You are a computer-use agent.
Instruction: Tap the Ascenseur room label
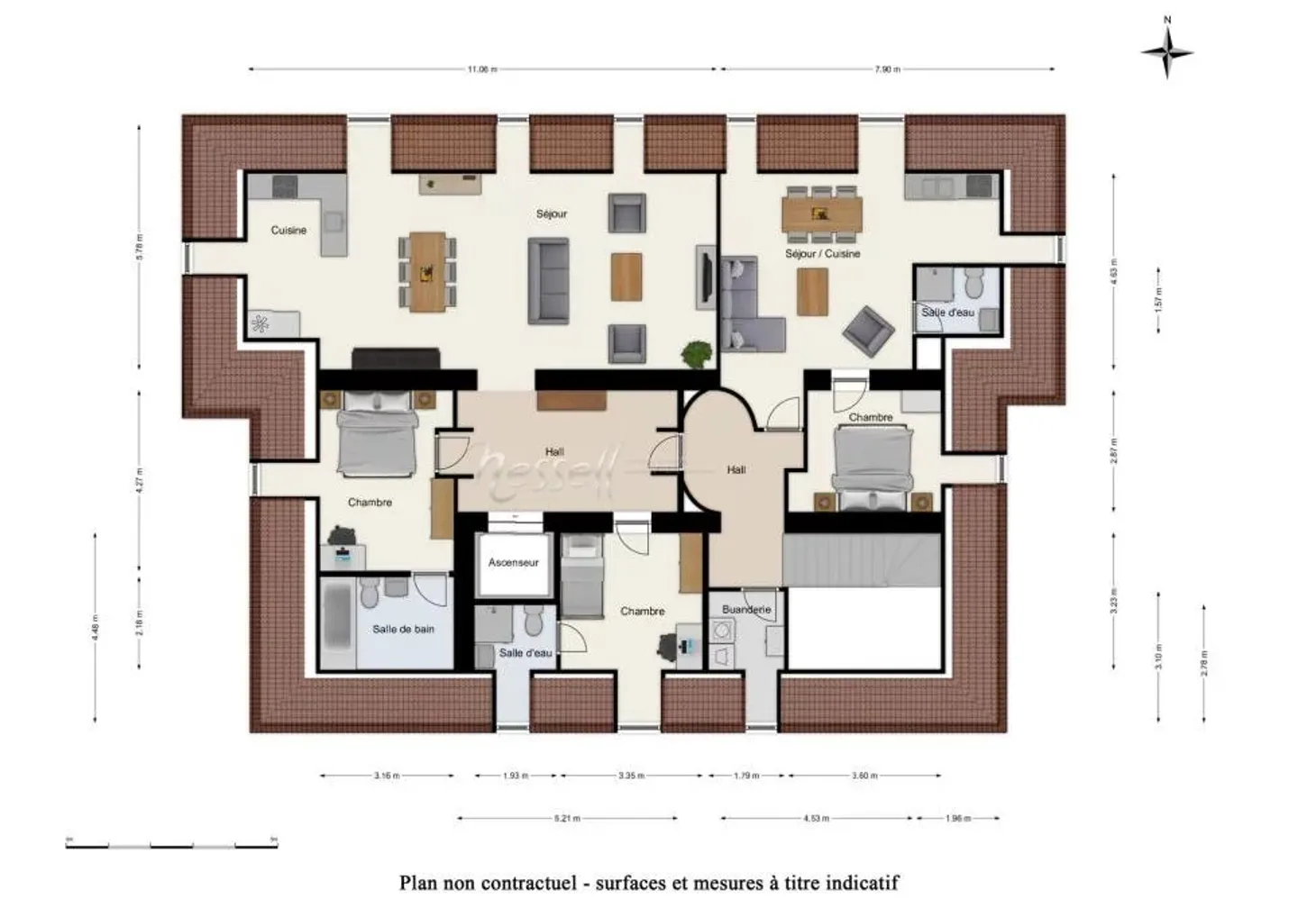click(513, 563)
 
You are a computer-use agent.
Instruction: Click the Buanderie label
click(746, 610)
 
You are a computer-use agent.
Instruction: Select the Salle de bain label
click(403, 630)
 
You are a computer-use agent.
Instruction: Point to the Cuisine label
click(288, 231)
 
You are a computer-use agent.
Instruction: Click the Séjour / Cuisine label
click(822, 254)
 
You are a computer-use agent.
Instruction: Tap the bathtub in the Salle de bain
click(338, 622)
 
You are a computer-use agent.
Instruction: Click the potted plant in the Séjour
click(695, 354)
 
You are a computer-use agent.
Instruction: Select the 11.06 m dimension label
click(482, 69)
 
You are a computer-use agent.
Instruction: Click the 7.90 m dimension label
click(887, 69)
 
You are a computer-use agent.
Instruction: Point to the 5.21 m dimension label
click(567, 819)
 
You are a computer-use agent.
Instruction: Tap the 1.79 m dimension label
click(746, 776)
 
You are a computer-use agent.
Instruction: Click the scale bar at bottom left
click(171, 844)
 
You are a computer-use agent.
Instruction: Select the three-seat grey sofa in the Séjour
click(548, 280)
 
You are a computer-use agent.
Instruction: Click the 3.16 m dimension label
click(387, 776)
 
